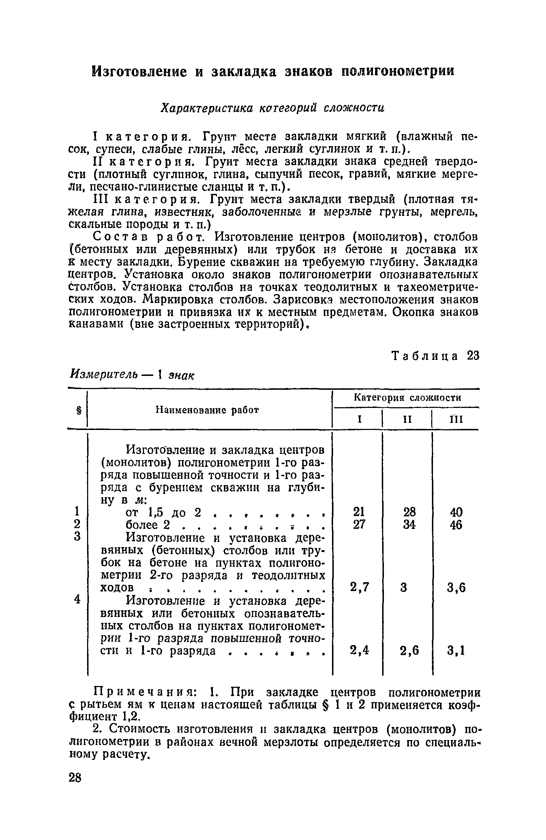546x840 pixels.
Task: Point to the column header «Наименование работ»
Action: coord(208,410)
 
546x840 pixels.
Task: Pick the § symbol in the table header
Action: coord(77,411)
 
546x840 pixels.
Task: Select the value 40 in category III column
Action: coord(456,512)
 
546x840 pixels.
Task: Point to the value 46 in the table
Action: coord(456,525)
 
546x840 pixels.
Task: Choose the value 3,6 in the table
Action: coord(456,588)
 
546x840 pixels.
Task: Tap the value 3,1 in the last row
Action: coord(456,650)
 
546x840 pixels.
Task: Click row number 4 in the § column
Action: coord(77,599)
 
